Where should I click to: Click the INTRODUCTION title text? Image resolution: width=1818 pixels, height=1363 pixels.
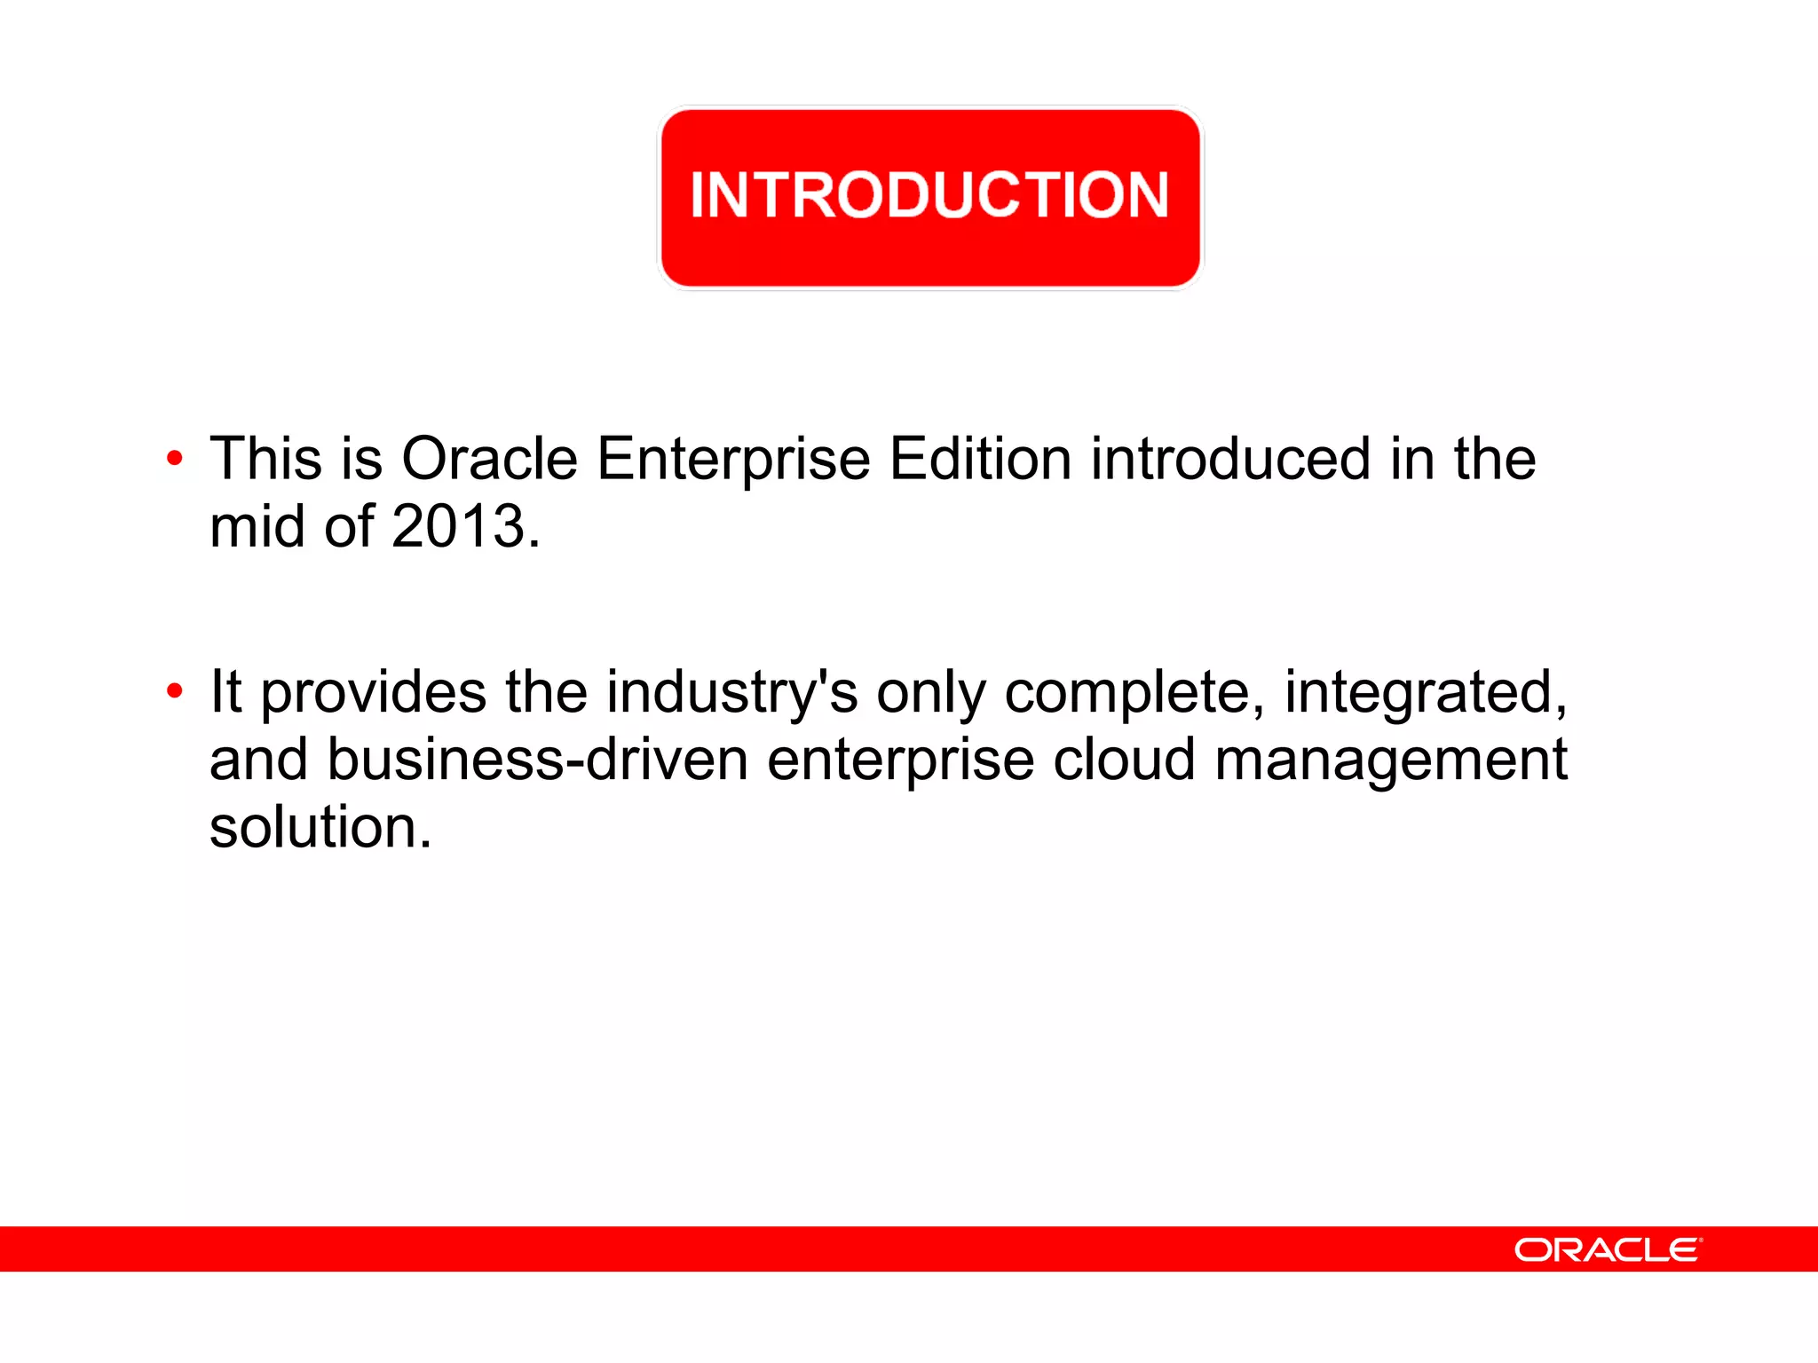pyautogui.click(x=929, y=194)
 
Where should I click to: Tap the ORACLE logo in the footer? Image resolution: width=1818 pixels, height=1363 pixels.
pyautogui.click(x=1607, y=1249)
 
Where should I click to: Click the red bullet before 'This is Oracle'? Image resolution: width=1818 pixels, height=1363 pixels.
pyautogui.click(x=175, y=459)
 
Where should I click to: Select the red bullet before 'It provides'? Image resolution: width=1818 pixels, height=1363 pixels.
pyautogui.click(x=175, y=690)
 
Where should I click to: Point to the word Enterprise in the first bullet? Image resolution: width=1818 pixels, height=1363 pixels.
pyautogui.click(x=733, y=459)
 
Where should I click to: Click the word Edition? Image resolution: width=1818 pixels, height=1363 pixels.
pyautogui.click(x=980, y=459)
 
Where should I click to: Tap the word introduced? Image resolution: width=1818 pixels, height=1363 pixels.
pyautogui.click(x=1230, y=459)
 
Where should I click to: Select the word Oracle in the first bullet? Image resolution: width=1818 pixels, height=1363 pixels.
pyautogui.click(x=489, y=459)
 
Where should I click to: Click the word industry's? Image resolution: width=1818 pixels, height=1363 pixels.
pyautogui.click(x=732, y=692)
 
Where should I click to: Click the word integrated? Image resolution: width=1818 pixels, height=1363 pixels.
pyautogui.click(x=1425, y=692)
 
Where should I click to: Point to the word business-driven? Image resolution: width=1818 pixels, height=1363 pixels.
pyautogui.click(x=537, y=760)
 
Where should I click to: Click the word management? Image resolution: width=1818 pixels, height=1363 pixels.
pyautogui.click(x=1390, y=761)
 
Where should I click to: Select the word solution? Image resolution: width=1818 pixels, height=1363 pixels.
pyautogui.click(x=320, y=827)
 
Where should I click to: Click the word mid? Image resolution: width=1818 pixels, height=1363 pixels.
pyautogui.click(x=257, y=526)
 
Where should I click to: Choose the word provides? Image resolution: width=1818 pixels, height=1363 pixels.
pyautogui.click(x=373, y=692)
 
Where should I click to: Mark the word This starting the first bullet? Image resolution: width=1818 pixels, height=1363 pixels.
pyautogui.click(x=265, y=459)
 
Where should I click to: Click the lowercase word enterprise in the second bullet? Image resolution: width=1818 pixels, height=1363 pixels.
pyautogui.click(x=900, y=761)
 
